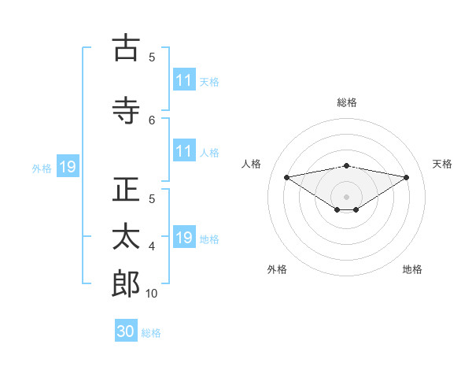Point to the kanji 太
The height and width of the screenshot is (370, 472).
(x=126, y=237)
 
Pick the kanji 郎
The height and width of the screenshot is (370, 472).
(x=126, y=284)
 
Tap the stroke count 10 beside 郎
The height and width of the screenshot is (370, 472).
(x=152, y=294)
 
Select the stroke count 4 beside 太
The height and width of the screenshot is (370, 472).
(x=153, y=246)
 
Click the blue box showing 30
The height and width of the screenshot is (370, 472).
(x=126, y=331)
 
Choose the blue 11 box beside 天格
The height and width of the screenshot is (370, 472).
(x=184, y=80)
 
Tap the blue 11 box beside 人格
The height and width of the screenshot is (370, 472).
(x=184, y=151)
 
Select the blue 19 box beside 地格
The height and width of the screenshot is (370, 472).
(x=184, y=238)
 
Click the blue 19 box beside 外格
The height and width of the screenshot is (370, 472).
(x=67, y=167)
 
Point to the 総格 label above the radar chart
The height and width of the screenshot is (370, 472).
(x=347, y=102)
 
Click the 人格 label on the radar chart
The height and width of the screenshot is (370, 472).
(x=252, y=164)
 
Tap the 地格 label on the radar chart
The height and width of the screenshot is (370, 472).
(x=412, y=269)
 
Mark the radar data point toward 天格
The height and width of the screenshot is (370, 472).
(x=407, y=177)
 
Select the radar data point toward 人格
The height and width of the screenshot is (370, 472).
(x=286, y=176)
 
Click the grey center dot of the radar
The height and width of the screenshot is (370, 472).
(x=346, y=196)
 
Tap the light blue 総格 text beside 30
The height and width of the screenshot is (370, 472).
(x=151, y=333)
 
